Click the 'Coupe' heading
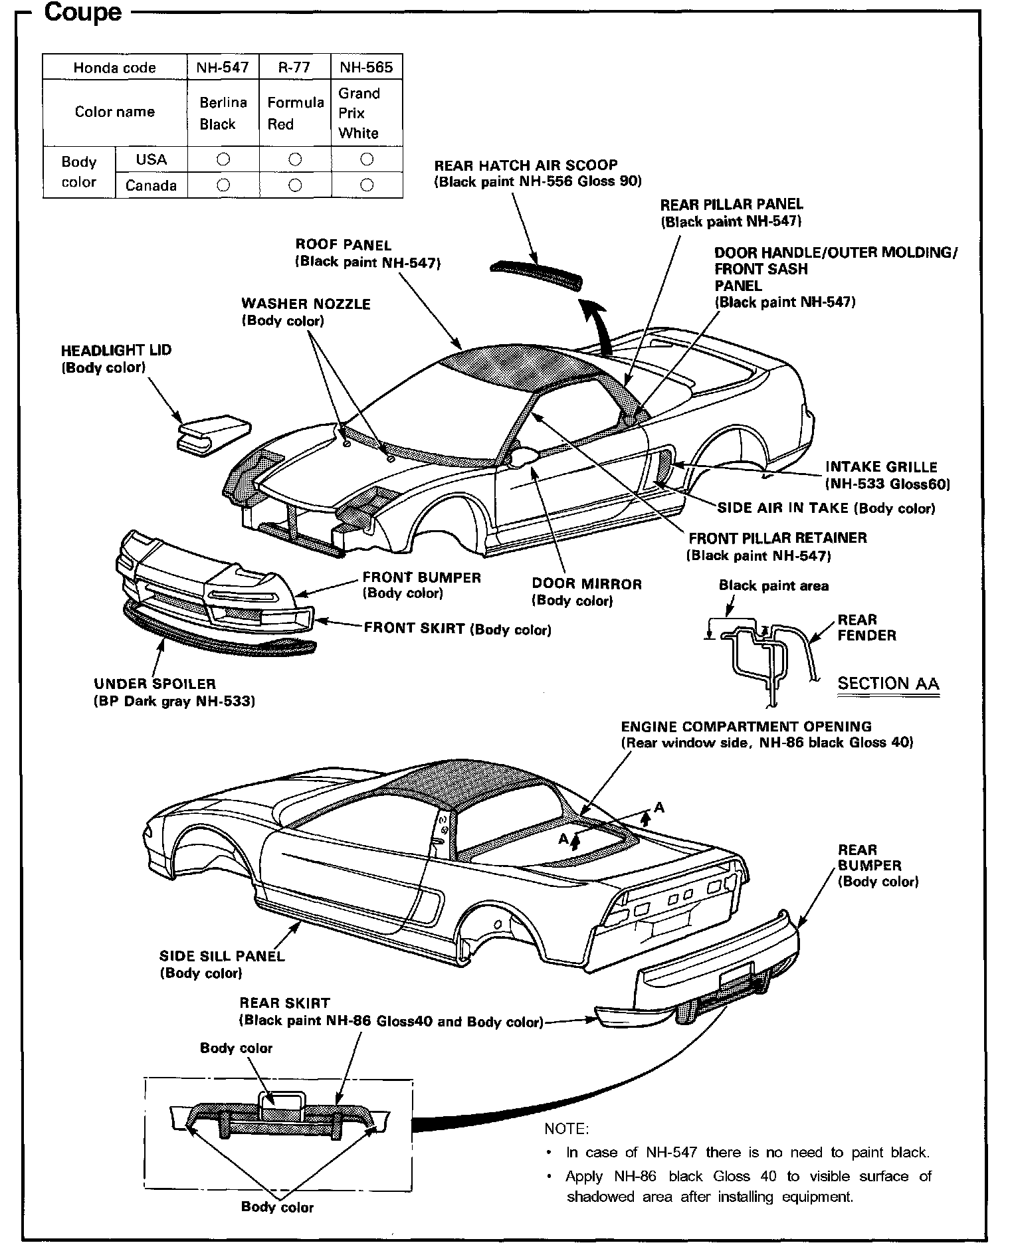[x=82, y=13]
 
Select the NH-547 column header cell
[x=223, y=67]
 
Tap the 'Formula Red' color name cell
[x=295, y=113]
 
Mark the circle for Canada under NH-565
[x=366, y=185]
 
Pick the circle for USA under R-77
[x=295, y=159]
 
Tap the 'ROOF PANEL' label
[x=344, y=245]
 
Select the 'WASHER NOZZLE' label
[x=306, y=304]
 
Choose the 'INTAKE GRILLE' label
[x=881, y=467]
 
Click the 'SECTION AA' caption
[x=888, y=684]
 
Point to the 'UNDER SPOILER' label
[x=155, y=684]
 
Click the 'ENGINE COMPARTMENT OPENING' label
[x=746, y=726]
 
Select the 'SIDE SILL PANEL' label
[x=222, y=956]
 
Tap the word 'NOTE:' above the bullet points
[x=566, y=1129]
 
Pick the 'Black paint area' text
[x=773, y=586]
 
